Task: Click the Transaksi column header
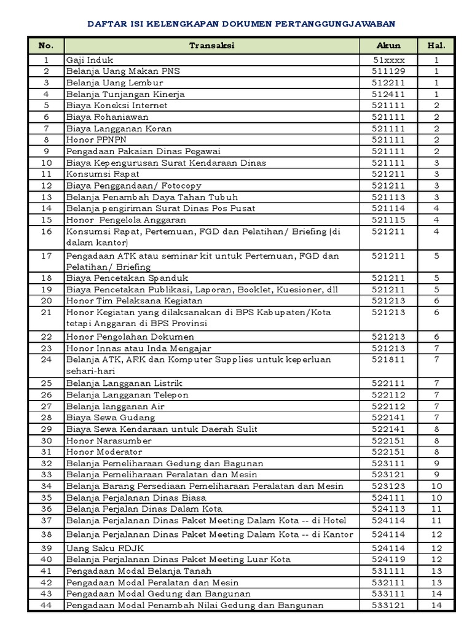pyautogui.click(x=211, y=45)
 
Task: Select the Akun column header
pyautogui.click(x=388, y=45)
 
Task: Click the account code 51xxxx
pyautogui.click(x=388, y=60)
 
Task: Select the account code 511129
pyautogui.click(x=388, y=71)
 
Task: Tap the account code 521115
pyautogui.click(x=388, y=220)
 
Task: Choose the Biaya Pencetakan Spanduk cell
pyautogui.click(x=127, y=278)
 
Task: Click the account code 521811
pyautogui.click(x=388, y=359)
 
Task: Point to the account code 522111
pyautogui.click(x=388, y=383)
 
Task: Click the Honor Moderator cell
pyautogui.click(x=104, y=451)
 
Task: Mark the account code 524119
pyautogui.click(x=388, y=559)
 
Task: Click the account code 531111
pyautogui.click(x=388, y=571)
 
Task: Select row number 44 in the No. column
pyautogui.click(x=45, y=605)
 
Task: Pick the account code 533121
pyautogui.click(x=388, y=605)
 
